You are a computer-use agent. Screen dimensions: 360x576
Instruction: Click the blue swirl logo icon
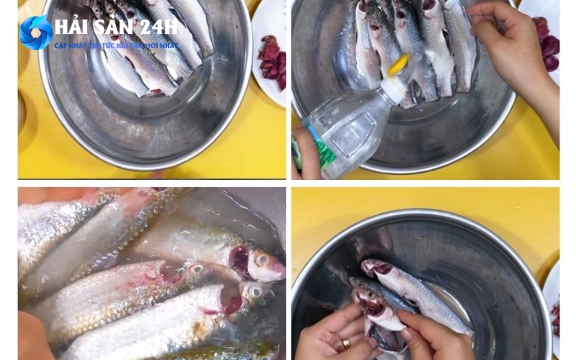pos(35,32)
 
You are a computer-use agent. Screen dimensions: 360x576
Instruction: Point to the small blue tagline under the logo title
pos(115,45)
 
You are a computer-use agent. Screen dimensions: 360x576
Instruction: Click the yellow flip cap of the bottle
pos(398,66)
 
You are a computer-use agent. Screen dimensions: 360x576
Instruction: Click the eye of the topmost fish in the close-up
pos(262,258)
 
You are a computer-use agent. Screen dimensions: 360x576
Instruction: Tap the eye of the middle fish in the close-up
pos(196,269)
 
